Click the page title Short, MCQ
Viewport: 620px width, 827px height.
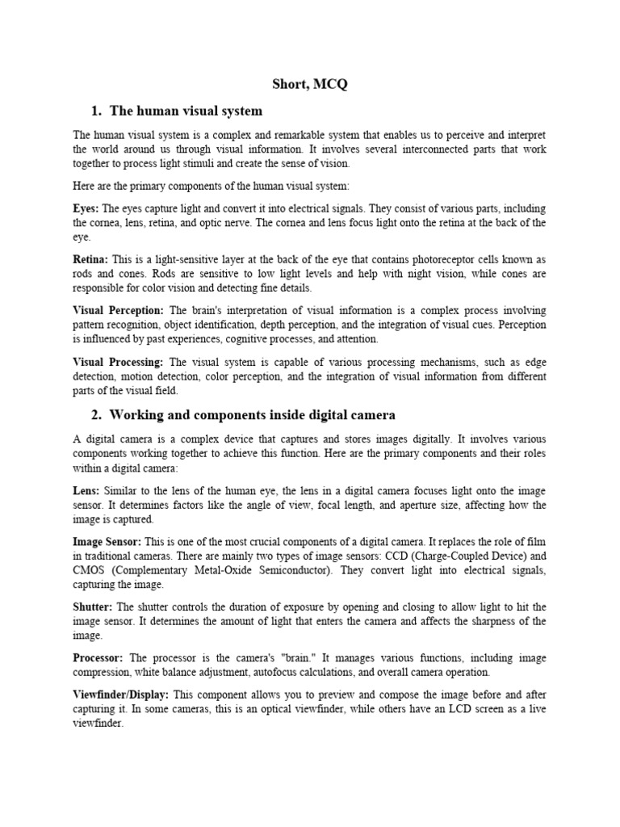tap(309, 83)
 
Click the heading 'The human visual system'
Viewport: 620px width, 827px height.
tap(185, 110)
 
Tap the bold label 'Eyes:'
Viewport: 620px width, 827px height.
tap(86, 208)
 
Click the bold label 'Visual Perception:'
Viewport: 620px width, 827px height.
tap(118, 310)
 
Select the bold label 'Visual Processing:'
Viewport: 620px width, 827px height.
tap(118, 363)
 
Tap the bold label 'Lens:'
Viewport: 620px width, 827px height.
tap(86, 490)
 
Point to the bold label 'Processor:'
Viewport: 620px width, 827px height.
tap(98, 658)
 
